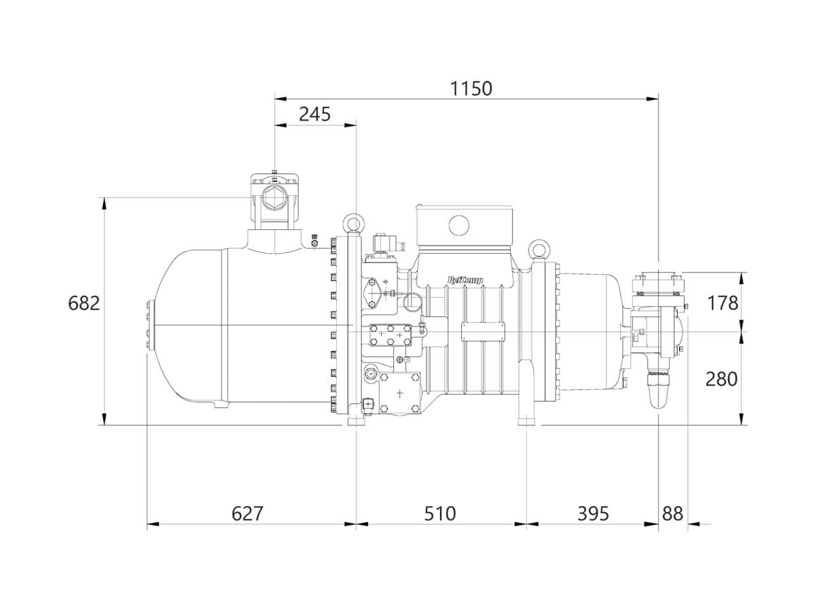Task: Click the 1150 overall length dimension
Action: tap(471, 89)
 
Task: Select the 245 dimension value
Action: tap(314, 114)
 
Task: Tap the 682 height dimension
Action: tap(84, 303)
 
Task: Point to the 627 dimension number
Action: tap(247, 513)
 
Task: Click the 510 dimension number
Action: tap(439, 513)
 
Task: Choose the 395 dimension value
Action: tap(593, 513)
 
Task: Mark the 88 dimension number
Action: tap(672, 513)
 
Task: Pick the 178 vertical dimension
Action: tap(723, 303)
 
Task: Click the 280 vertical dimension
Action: tap(721, 379)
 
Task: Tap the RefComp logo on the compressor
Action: tap(465, 280)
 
